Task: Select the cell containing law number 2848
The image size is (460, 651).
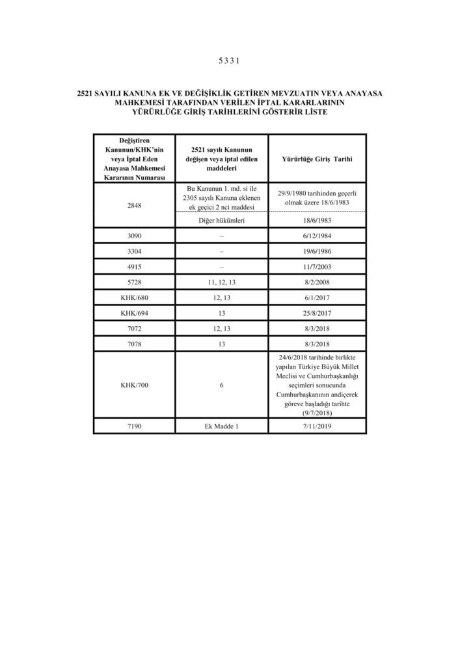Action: tap(135, 206)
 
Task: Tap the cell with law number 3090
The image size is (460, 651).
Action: tap(135, 236)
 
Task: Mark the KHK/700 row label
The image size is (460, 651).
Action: tap(135, 385)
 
